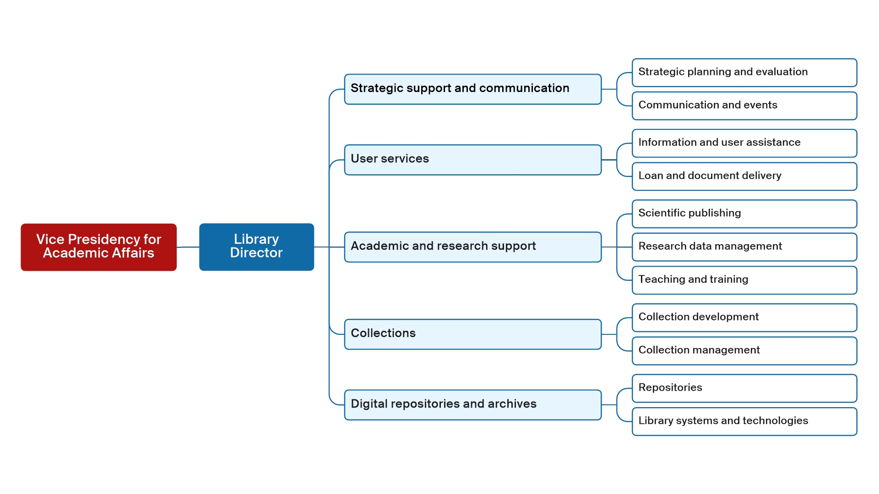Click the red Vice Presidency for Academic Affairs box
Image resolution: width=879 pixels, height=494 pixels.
[98, 247]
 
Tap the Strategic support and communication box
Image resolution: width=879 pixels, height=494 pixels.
[472, 89]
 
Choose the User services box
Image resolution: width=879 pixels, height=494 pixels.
[472, 160]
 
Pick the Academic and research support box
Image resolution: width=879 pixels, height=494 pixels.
[472, 247]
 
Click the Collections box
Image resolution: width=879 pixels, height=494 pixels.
[472, 334]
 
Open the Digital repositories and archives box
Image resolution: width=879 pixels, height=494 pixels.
[472, 404]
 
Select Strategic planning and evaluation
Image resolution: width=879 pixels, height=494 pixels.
[744, 72]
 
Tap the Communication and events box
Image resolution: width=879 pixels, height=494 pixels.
[744, 106]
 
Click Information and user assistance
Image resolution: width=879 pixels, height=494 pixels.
[744, 143]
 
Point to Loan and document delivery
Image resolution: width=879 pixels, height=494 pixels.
[744, 176]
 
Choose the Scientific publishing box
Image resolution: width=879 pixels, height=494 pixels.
[744, 214]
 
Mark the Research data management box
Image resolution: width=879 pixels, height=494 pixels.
[744, 247]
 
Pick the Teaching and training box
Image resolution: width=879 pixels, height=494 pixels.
[744, 280]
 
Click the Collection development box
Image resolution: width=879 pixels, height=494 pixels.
[744, 317]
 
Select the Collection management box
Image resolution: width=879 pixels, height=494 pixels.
[744, 351]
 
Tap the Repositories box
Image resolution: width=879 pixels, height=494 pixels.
[744, 388]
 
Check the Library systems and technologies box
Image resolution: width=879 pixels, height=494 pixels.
[744, 421]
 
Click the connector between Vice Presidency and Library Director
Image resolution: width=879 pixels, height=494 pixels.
[188, 247]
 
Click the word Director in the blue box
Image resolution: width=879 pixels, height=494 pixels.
[256, 253]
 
